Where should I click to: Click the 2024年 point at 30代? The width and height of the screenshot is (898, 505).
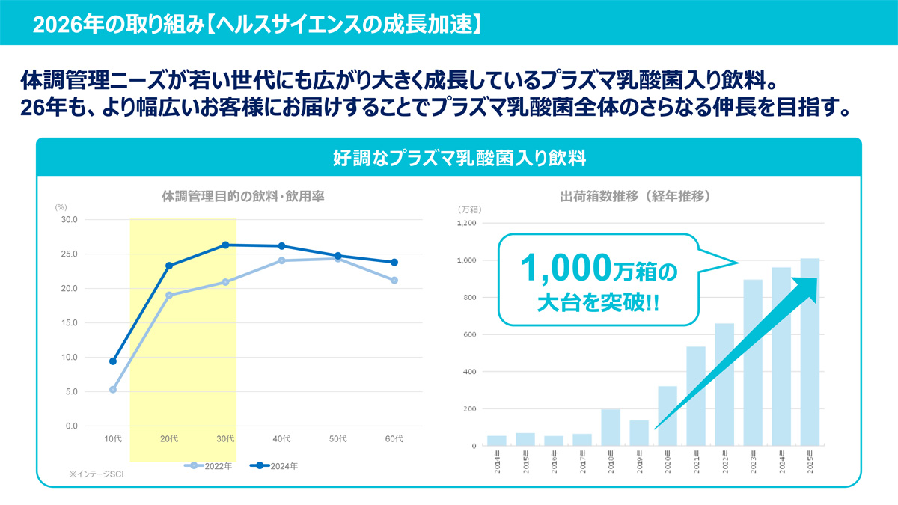point(226,245)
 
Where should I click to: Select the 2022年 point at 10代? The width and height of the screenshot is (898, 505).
point(113,389)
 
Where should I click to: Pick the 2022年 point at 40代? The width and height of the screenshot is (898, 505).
point(282,260)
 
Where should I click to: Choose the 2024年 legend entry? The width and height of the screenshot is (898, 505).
point(277,466)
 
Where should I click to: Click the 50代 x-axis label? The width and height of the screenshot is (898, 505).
point(338,438)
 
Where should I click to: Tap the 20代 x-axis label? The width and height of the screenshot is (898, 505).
point(169,438)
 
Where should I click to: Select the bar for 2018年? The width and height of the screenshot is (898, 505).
point(611,427)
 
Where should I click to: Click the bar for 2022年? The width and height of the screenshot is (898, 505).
point(724,385)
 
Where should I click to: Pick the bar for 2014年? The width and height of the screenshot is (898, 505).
point(497,441)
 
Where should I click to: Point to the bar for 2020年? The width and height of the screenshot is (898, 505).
point(668,416)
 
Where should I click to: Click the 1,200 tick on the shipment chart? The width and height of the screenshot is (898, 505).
point(465,224)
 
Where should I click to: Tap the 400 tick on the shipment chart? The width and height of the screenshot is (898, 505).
point(468,372)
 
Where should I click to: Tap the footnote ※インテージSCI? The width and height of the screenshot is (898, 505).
point(94,474)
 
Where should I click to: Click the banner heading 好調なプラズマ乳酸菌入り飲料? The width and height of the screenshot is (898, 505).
point(449,158)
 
